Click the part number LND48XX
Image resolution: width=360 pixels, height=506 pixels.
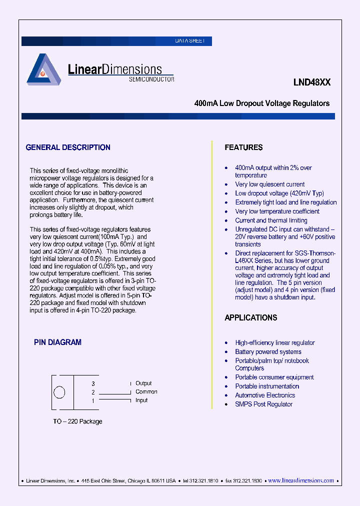[312, 83]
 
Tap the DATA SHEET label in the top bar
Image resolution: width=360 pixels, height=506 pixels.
[189, 41]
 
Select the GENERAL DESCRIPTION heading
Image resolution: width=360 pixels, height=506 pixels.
[68, 147]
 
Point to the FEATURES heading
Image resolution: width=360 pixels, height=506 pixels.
[243, 147]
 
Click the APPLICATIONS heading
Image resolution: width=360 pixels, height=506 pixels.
[250, 318]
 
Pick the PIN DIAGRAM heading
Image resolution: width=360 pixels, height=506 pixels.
[57, 342]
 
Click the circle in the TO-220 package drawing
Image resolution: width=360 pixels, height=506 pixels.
[59, 392]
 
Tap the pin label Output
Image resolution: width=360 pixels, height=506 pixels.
[143, 383]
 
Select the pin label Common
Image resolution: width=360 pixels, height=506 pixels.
[146, 392]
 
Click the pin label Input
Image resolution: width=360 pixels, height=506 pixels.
[141, 400]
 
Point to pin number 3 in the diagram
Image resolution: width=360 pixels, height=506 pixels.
[93, 383]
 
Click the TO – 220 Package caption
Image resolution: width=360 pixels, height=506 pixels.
[77, 421]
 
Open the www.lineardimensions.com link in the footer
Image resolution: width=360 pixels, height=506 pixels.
[301, 480]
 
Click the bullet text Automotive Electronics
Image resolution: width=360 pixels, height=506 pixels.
[265, 395]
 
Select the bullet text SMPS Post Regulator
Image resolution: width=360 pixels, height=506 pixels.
[263, 404]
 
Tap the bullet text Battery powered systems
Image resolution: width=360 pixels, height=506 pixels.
[268, 352]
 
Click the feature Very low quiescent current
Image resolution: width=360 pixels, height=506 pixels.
[269, 184]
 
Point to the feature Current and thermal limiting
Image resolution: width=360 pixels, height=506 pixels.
[271, 220]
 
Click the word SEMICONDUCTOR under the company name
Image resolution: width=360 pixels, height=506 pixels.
[151, 79]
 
